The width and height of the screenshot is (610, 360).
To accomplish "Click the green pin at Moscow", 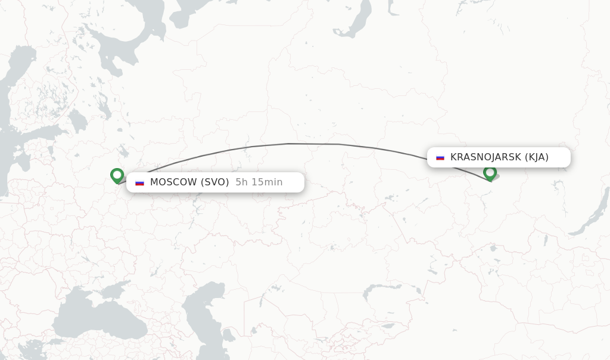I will coord(117,175).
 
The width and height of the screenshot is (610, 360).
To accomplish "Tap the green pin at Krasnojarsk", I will coord(490,172).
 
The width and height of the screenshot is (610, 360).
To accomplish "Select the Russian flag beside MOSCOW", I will coord(139,182).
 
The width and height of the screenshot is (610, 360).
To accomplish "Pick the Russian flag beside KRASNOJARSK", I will coord(440,157).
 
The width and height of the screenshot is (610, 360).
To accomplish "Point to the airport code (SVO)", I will coord(214,182).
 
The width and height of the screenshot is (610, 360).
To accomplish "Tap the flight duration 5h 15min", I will coord(259,182).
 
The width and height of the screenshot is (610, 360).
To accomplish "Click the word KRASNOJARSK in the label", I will coord(485,157).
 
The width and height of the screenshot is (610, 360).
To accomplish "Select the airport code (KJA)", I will coord(536,157).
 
